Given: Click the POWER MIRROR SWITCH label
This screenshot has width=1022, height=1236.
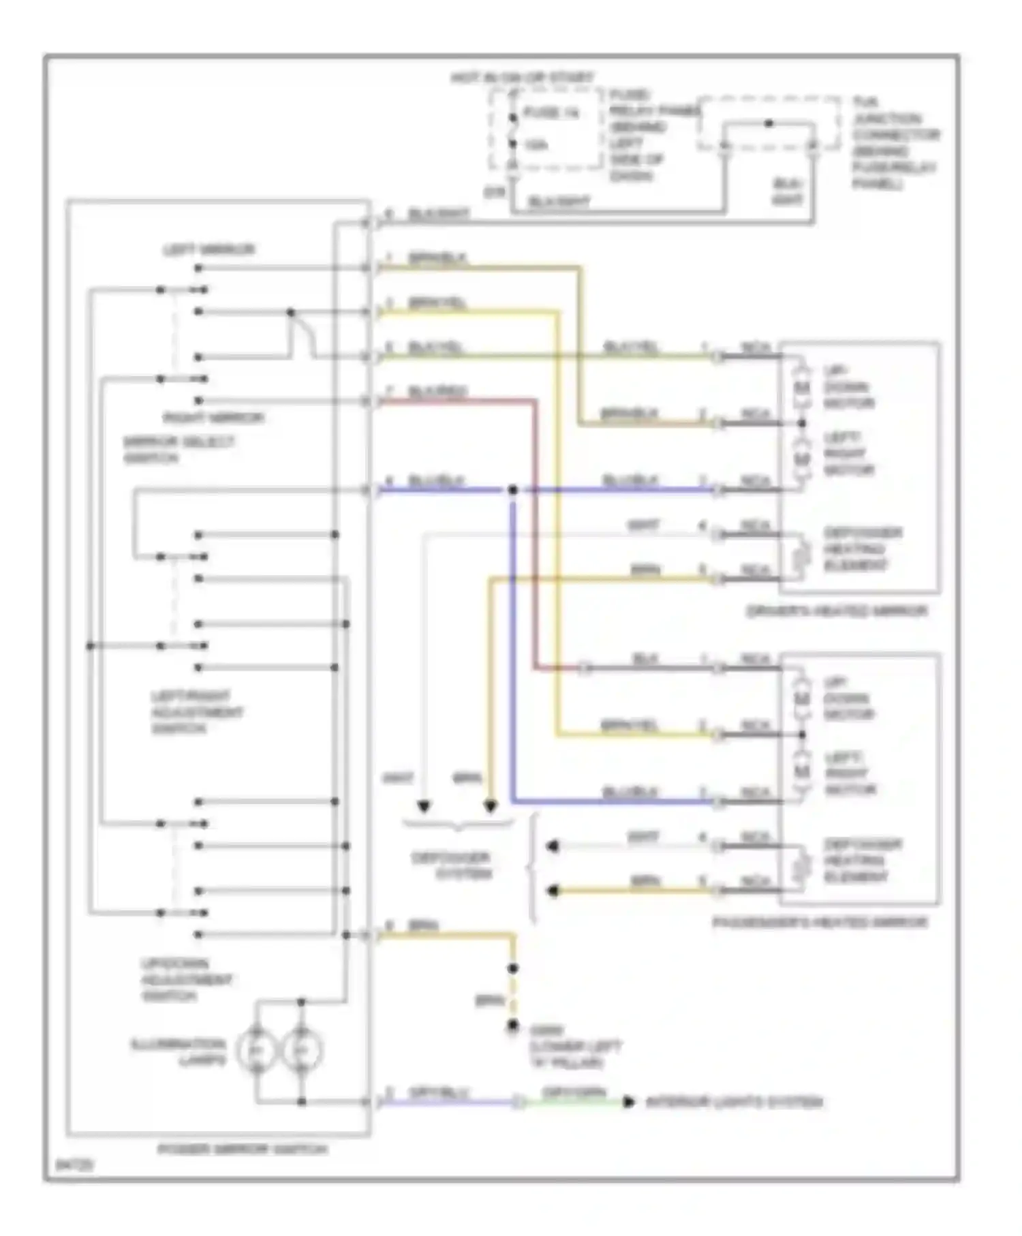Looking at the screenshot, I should [243, 1149].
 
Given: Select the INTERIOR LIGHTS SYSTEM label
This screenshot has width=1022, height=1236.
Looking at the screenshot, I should [734, 1102].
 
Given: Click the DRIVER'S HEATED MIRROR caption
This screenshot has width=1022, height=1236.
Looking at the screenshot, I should [837, 611].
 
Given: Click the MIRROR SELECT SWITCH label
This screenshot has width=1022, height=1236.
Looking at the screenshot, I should [178, 450].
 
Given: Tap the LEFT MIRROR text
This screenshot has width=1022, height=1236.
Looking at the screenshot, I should [208, 250].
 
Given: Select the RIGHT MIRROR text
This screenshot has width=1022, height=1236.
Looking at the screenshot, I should [213, 418].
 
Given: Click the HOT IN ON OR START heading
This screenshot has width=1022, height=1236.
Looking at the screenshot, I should [522, 78].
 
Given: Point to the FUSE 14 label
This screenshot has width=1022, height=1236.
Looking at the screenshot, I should [551, 113].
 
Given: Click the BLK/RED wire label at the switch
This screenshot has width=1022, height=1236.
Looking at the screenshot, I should [437, 391].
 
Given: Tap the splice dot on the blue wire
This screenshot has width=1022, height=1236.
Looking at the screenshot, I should [513, 490].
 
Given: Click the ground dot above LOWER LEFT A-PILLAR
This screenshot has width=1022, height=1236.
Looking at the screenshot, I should [513, 1025].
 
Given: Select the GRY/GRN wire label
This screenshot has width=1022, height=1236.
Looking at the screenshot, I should [574, 1093].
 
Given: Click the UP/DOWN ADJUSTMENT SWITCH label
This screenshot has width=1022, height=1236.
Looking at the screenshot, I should [186, 980].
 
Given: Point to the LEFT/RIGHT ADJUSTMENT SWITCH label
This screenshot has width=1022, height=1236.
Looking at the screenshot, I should [196, 712].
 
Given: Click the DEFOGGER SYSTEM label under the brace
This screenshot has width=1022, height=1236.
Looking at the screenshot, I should [451, 865].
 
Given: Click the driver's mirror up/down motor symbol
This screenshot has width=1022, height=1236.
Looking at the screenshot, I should [802, 388].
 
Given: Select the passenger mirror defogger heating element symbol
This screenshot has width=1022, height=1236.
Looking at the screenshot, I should [804, 865].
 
